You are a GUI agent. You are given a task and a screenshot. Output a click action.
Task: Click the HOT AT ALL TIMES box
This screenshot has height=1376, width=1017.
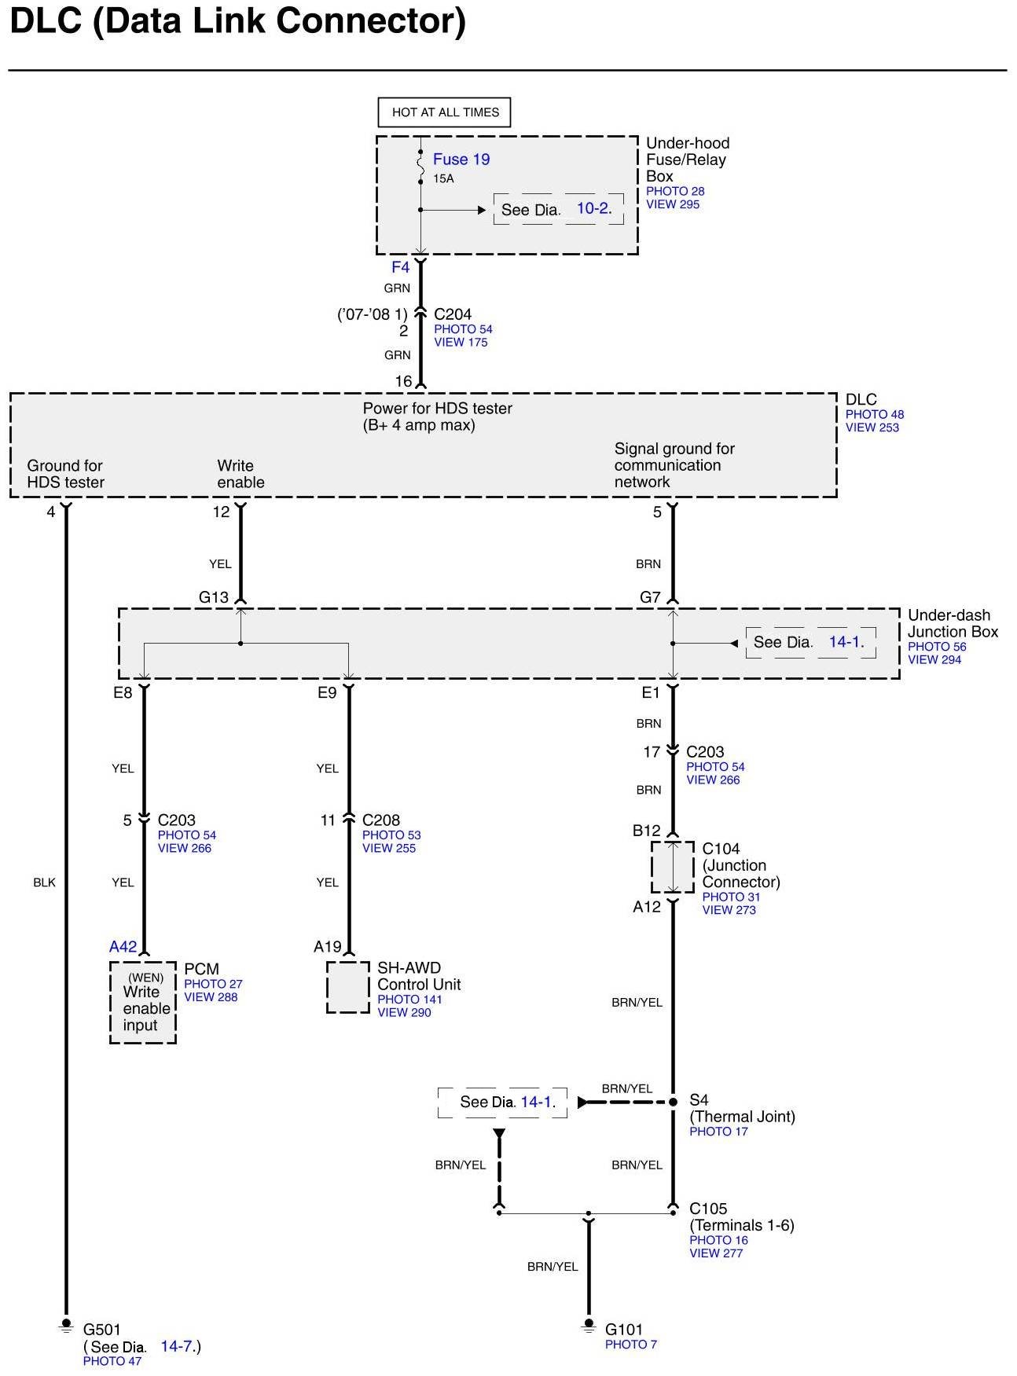pyautogui.click(x=445, y=112)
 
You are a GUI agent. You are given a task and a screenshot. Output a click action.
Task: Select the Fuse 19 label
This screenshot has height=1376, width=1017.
pyautogui.click(x=461, y=160)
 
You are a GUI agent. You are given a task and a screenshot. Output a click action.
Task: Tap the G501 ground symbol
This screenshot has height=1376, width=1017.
pyautogui.click(x=66, y=1326)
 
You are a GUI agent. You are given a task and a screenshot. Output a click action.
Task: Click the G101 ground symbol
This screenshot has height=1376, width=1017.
pyautogui.click(x=588, y=1326)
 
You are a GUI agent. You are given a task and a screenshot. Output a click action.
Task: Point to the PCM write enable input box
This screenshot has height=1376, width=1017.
pyautogui.click(x=143, y=1003)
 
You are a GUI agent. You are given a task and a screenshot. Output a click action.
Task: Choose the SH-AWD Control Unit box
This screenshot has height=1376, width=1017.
pyautogui.click(x=347, y=987)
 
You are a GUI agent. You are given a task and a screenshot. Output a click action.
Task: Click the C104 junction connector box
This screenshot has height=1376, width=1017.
pyautogui.click(x=673, y=868)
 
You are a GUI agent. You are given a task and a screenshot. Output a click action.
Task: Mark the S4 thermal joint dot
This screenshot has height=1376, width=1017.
pyautogui.click(x=673, y=1102)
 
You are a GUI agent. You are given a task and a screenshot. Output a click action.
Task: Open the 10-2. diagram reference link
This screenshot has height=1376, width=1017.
pyautogui.click(x=594, y=208)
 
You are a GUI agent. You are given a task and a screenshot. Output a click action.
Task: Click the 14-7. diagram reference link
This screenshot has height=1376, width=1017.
pyautogui.click(x=178, y=1346)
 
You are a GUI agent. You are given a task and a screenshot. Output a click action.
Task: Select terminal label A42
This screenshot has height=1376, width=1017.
pyautogui.click(x=123, y=947)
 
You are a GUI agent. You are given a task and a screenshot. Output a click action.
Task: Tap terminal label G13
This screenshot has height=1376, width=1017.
pyautogui.click(x=214, y=597)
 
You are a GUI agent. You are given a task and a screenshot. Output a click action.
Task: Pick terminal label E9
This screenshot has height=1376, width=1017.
pyautogui.click(x=327, y=692)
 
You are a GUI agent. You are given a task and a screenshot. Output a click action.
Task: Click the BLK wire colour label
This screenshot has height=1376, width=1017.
pyautogui.click(x=45, y=882)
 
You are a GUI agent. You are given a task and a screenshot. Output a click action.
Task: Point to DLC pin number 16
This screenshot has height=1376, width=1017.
pyautogui.click(x=403, y=381)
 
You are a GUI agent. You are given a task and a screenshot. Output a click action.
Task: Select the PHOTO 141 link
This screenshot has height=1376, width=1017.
pyautogui.click(x=409, y=1000)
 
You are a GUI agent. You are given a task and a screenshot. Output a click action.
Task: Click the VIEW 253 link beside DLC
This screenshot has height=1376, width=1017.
pyautogui.click(x=872, y=427)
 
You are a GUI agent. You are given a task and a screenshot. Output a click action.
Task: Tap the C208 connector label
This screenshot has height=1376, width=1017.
pyautogui.click(x=381, y=820)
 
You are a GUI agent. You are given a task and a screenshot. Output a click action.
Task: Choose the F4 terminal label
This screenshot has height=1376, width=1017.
pyautogui.click(x=400, y=267)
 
